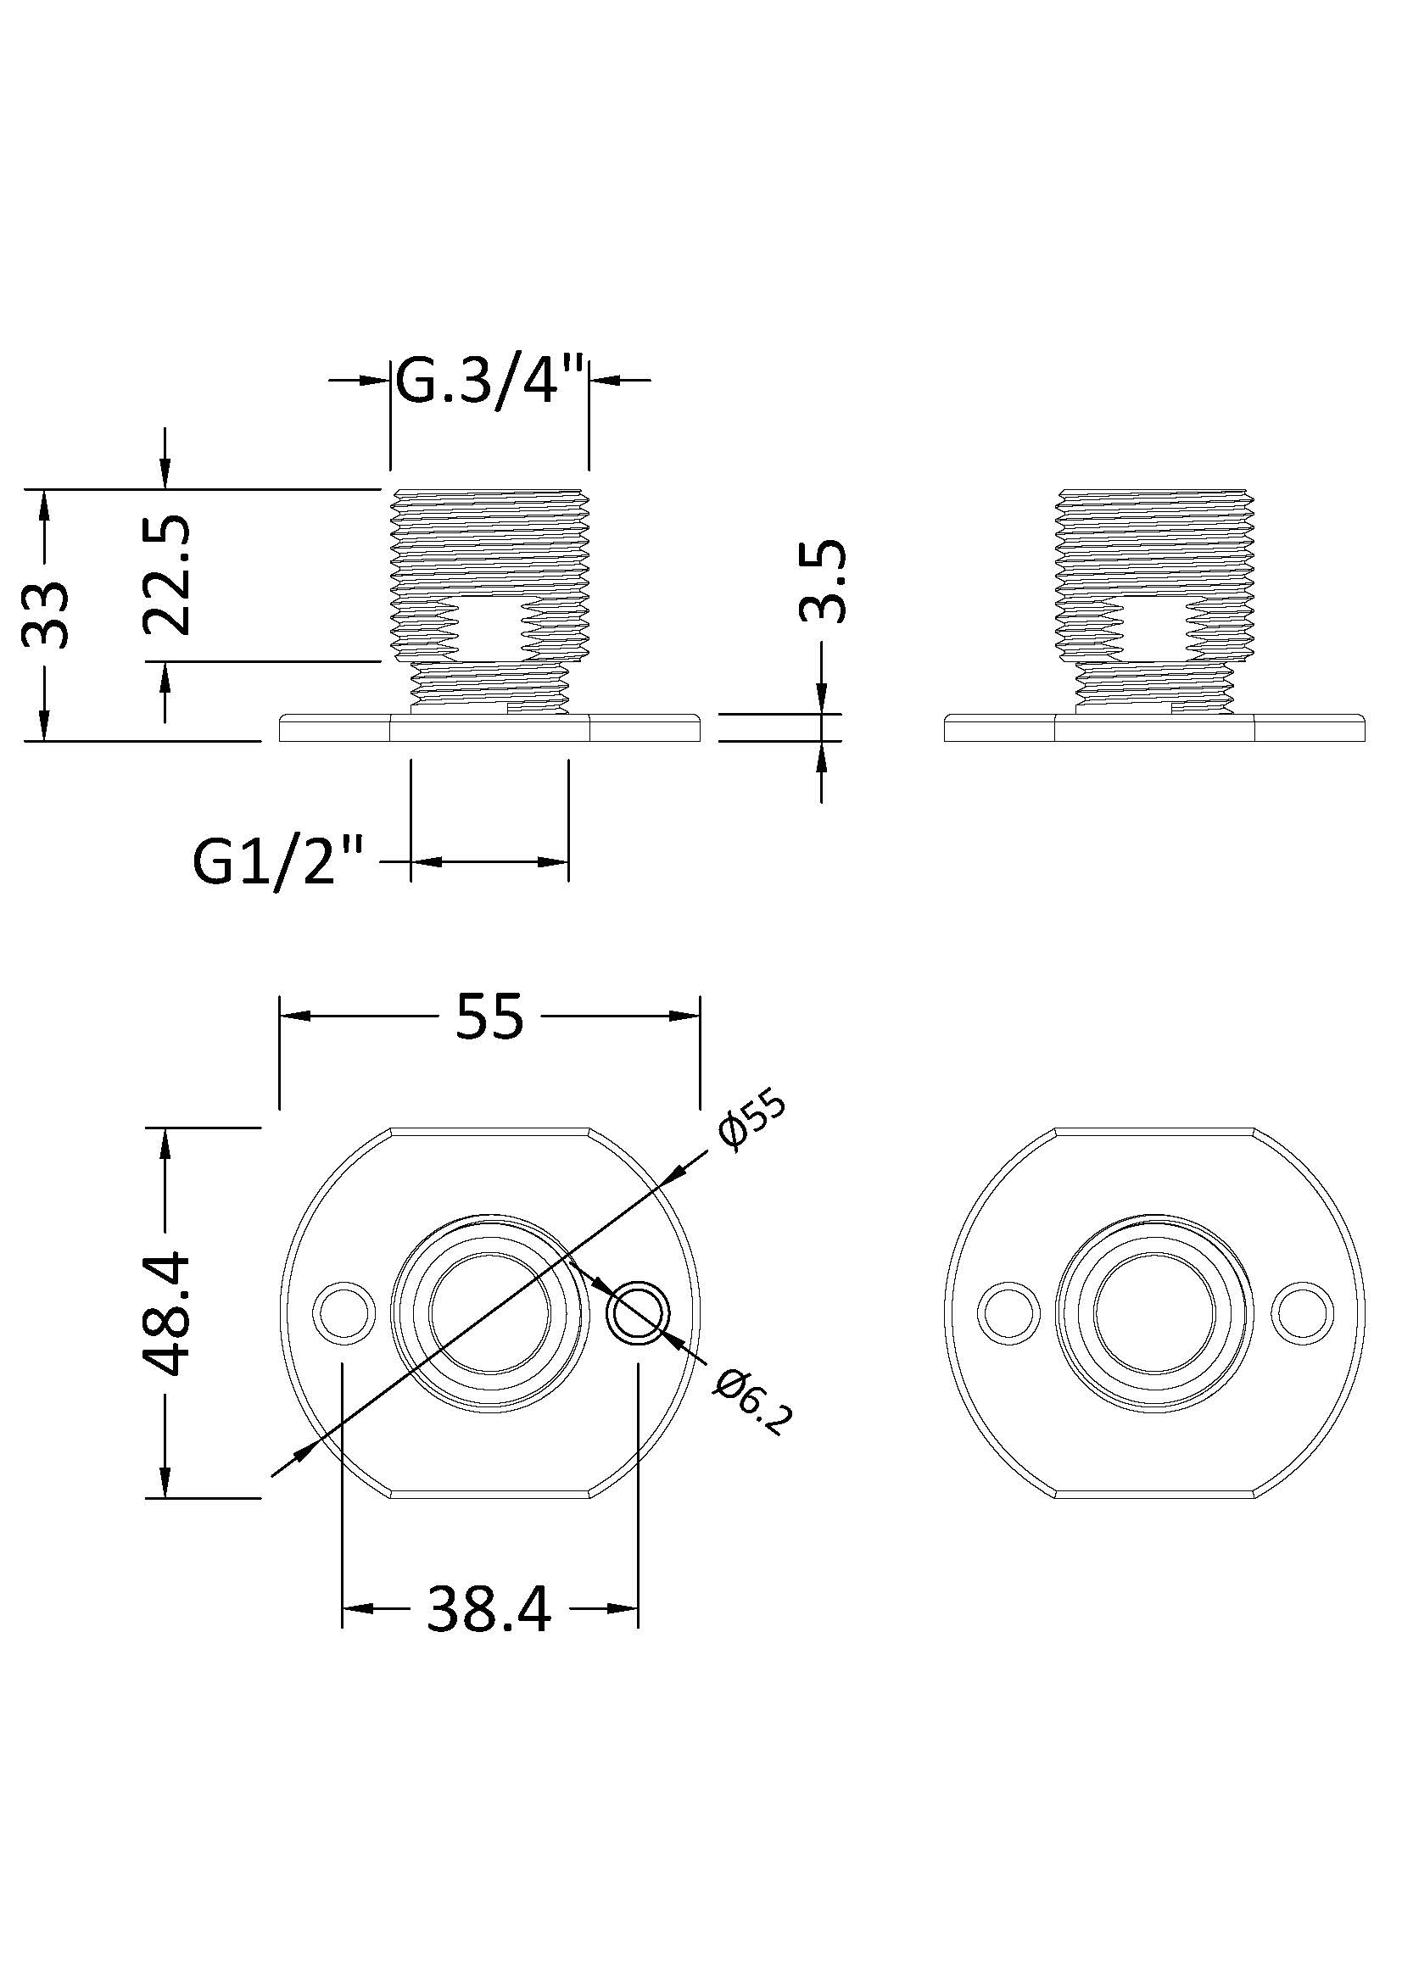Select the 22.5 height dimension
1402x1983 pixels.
click(x=166, y=575)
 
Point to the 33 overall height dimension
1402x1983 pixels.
click(x=45, y=613)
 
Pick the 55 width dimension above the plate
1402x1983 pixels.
click(x=489, y=1016)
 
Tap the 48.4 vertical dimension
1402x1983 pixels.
click(x=166, y=1313)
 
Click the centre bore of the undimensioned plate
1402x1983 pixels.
click(x=1155, y=1311)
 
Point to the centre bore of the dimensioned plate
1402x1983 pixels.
click(x=489, y=1311)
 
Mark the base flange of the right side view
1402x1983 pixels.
click(x=1155, y=727)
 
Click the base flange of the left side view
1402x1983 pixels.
click(x=489, y=727)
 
